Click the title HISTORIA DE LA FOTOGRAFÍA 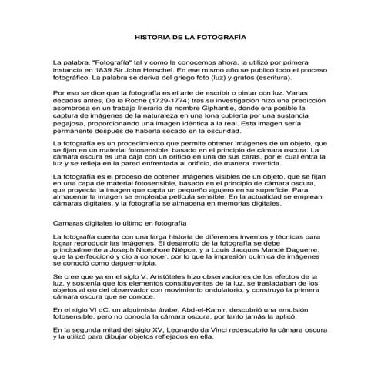[x=190, y=35]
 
